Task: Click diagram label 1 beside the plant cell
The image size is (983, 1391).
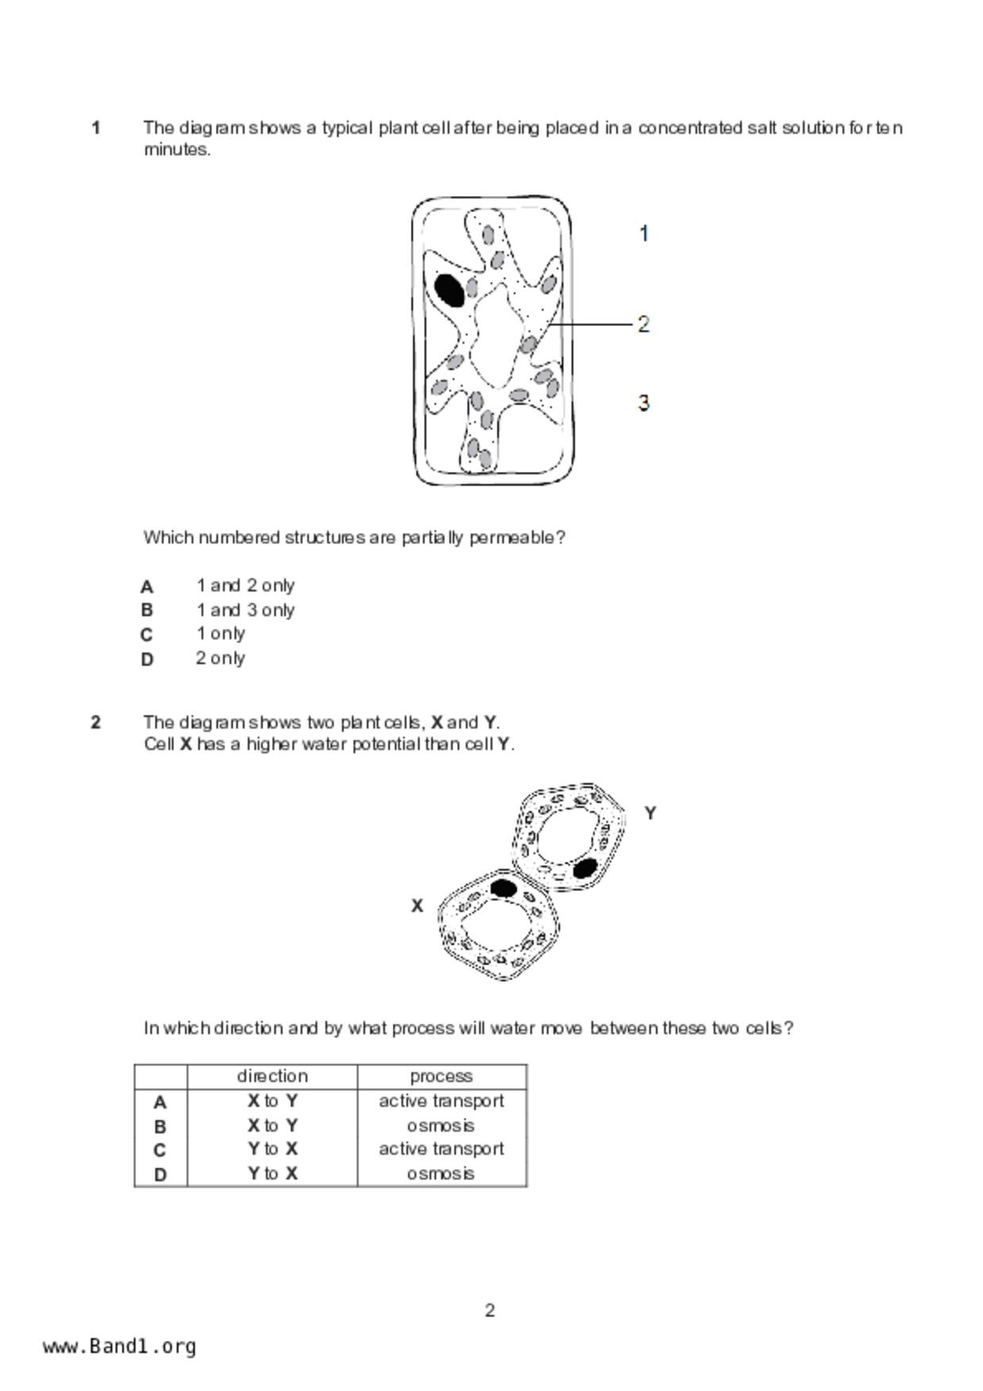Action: (x=644, y=234)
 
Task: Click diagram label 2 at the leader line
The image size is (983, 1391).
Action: (x=643, y=324)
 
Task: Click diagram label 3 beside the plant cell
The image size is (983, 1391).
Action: (x=643, y=403)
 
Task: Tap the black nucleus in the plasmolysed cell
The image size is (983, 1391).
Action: (x=450, y=290)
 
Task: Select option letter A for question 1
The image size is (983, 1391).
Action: (x=147, y=587)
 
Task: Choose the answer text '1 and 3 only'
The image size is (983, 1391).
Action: (x=246, y=611)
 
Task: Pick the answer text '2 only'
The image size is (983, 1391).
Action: (x=221, y=658)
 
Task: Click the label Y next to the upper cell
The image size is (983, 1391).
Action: (x=651, y=813)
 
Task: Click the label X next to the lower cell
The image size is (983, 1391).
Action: (x=417, y=906)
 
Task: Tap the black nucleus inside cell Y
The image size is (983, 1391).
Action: (x=585, y=868)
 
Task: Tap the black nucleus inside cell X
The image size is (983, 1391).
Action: (x=503, y=887)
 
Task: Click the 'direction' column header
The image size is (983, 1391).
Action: (x=272, y=1076)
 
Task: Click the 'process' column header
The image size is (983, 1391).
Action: (x=441, y=1076)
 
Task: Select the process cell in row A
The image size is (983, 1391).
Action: (x=441, y=1102)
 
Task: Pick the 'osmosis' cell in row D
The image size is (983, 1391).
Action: (x=441, y=1174)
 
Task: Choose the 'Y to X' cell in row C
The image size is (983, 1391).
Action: (x=272, y=1149)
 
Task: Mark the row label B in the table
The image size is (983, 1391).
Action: (x=160, y=1126)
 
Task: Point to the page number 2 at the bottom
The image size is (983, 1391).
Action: (x=490, y=1311)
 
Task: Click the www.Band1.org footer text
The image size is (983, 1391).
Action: (x=120, y=1347)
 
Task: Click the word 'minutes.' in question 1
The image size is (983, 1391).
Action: (x=177, y=150)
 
